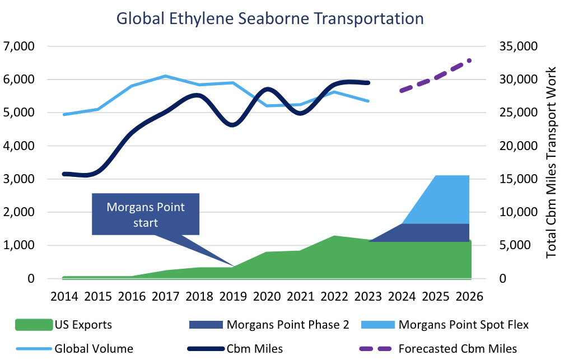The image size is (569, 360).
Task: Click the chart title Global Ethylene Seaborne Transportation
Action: pos(270,18)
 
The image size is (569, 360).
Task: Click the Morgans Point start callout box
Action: pos(146,214)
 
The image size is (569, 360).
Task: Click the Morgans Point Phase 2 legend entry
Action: pos(280,324)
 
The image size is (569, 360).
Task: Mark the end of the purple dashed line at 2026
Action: pos(469,60)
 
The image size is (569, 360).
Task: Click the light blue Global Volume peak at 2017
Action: pos(165,76)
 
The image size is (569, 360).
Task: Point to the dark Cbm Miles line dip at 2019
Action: pos(233,125)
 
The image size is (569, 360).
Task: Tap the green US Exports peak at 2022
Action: pos(334,236)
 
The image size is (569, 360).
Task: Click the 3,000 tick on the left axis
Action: pos(18,179)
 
